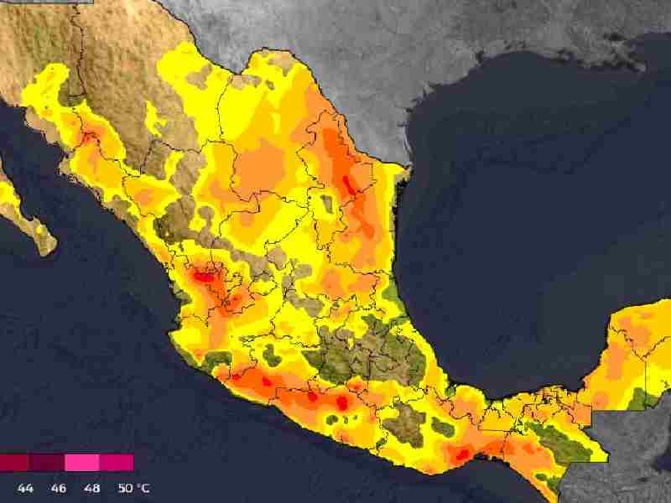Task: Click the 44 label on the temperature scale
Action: pos(25,488)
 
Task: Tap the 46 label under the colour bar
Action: pos(59,488)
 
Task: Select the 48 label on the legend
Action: pos(93,488)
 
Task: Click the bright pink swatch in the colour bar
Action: pos(81,463)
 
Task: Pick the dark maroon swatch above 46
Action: pos(48,463)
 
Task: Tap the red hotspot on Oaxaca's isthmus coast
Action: pos(460,455)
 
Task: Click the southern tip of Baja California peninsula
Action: pos(46,246)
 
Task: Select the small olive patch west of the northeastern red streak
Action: pos(325,202)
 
